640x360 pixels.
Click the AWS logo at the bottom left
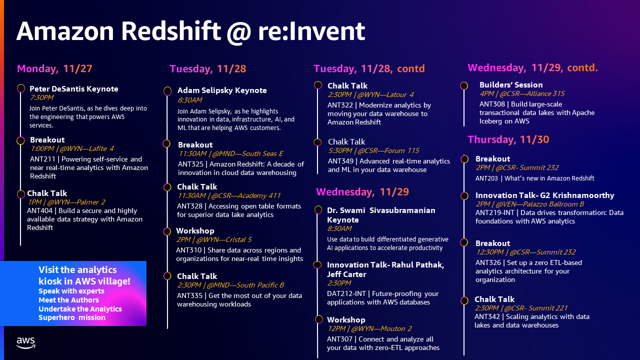(x=25, y=342)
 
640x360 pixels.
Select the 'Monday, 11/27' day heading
(x=54, y=68)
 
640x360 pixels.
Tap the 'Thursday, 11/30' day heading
(x=508, y=139)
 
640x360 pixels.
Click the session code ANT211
(x=42, y=159)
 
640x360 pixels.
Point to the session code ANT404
(x=39, y=210)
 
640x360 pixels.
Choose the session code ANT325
(x=190, y=164)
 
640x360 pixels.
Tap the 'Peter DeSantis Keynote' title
(x=73, y=89)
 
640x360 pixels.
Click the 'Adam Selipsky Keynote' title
(x=222, y=90)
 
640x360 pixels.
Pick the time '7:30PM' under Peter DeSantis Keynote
(x=41, y=97)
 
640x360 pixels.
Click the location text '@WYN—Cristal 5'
(x=223, y=239)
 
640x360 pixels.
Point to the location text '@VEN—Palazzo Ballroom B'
(x=539, y=204)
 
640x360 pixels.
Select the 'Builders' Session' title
(x=511, y=85)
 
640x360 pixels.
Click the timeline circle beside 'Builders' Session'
(x=464, y=85)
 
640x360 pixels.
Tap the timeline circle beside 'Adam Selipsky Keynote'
(x=167, y=91)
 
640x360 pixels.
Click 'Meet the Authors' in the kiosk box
(x=68, y=300)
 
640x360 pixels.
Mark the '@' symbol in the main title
(x=238, y=32)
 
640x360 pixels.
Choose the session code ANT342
(x=487, y=316)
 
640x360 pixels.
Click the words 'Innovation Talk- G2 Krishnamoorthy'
(x=544, y=195)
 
